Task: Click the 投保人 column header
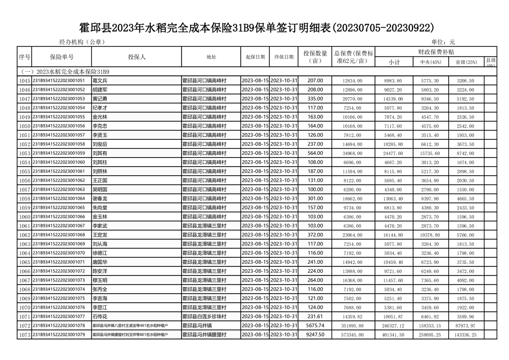click(x=137, y=57)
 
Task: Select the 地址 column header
click(x=211, y=57)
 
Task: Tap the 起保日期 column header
click(x=255, y=57)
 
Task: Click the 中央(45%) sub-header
click(x=431, y=62)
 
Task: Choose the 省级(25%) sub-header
click(x=466, y=62)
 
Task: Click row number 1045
click(x=24, y=81)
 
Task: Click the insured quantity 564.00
click(x=315, y=153)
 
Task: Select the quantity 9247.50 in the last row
click(x=315, y=335)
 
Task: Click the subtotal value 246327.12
click(x=393, y=325)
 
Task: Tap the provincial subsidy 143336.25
click(x=466, y=335)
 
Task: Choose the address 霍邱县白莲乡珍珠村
click(x=204, y=316)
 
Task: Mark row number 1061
click(x=24, y=226)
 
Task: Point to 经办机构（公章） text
click(x=82, y=42)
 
